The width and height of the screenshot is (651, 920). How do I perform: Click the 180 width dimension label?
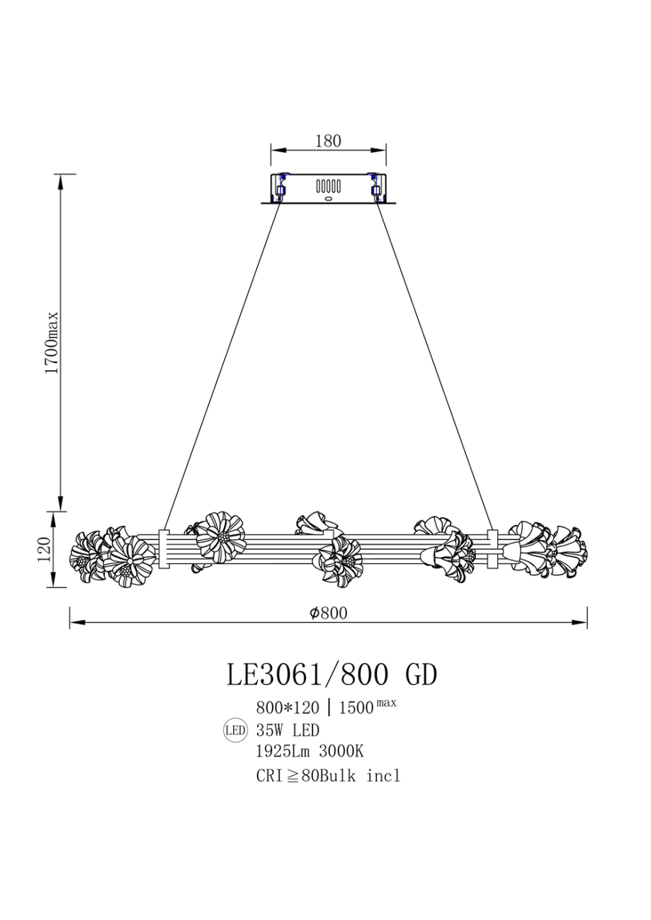pos(327,141)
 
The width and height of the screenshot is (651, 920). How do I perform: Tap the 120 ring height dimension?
pos(42,550)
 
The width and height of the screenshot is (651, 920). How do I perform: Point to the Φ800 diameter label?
pos(328,613)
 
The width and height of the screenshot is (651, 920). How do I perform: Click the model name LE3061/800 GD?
pos(332,674)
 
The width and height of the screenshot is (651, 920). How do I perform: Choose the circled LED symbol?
pos(235,730)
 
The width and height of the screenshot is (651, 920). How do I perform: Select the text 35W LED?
pos(288,730)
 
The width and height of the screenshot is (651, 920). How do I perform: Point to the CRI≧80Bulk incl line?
pos(328,776)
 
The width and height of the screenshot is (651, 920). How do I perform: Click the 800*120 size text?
pos(288,707)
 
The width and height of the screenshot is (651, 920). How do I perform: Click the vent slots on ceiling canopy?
pos(328,186)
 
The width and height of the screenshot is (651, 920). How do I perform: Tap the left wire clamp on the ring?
pos(164,549)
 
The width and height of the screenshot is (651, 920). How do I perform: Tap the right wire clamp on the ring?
pos(492,549)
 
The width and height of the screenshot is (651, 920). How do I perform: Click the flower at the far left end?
pos(86,556)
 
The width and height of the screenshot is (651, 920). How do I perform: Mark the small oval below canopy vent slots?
pos(328,199)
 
